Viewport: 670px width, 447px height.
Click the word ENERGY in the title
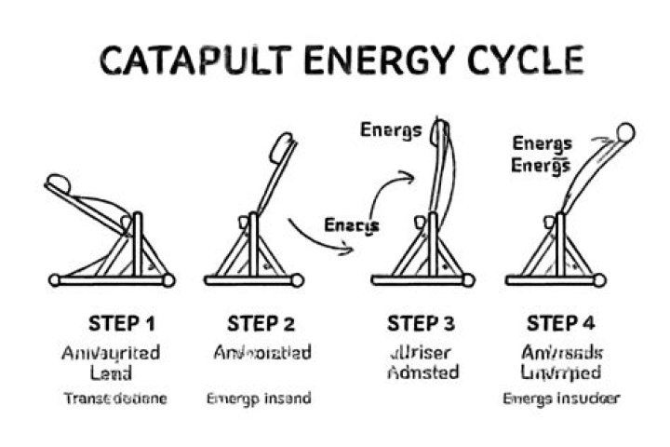[370, 60]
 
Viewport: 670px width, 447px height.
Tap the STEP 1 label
[121, 324]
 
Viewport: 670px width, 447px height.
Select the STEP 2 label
[261, 324]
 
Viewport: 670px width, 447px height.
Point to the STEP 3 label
[421, 324]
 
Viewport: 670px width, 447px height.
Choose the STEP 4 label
[560, 324]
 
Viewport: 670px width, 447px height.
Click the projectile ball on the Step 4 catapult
[626, 133]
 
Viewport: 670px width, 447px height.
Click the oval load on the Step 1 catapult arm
[58, 183]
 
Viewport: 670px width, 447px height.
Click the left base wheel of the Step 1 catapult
[55, 279]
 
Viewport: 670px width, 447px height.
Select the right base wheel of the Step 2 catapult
[297, 279]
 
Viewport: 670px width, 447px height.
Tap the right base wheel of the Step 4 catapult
[599, 279]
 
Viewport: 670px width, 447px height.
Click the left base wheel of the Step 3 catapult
[377, 279]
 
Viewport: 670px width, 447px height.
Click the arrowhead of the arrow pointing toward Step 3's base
[348, 248]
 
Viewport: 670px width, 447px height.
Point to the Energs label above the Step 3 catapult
[391, 129]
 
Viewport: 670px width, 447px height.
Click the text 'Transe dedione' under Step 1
[115, 399]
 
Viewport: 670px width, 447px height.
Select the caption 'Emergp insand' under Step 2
[258, 399]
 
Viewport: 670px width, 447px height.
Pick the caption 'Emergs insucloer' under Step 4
[560, 399]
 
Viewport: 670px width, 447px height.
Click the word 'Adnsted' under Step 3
[423, 372]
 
